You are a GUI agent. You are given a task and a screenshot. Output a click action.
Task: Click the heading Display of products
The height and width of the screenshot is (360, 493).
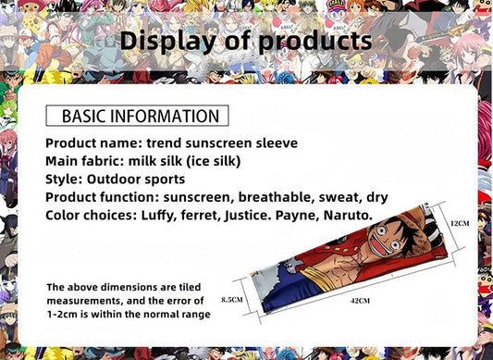click(x=246, y=41)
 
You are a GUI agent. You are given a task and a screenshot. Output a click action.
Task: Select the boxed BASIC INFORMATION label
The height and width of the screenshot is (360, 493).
click(x=135, y=116)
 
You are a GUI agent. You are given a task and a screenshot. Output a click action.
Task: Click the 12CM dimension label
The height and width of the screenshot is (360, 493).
click(x=461, y=224)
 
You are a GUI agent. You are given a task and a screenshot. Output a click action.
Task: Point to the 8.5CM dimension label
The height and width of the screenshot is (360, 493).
click(x=232, y=300)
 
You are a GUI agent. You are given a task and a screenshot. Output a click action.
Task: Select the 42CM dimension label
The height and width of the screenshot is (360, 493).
click(x=360, y=301)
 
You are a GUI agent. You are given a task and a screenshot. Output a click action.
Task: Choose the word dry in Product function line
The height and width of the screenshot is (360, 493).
click(x=377, y=197)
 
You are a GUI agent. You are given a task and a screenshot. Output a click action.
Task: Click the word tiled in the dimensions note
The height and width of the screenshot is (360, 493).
click(x=196, y=287)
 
